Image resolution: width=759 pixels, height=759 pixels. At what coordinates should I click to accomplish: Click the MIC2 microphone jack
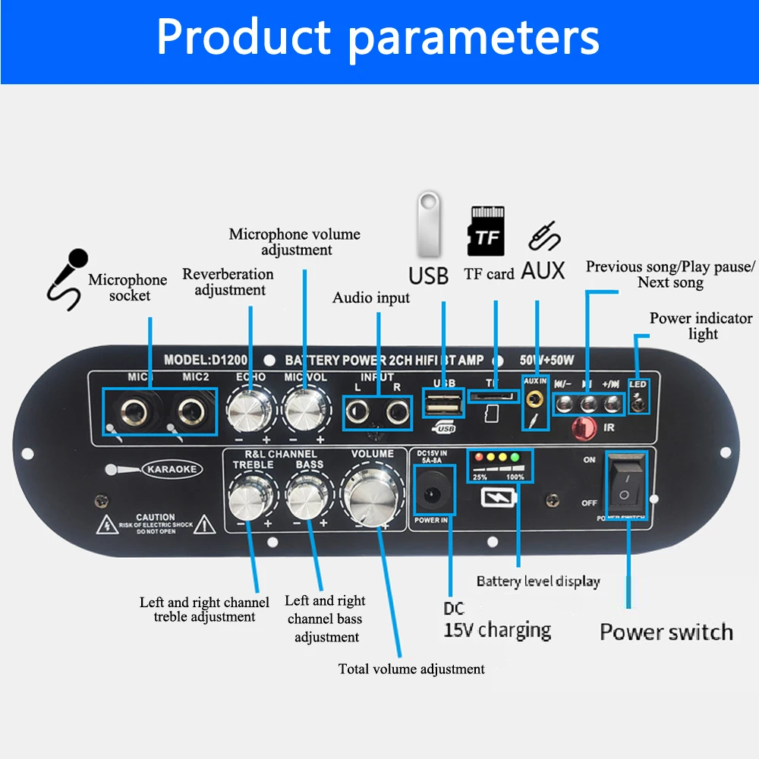[190, 412]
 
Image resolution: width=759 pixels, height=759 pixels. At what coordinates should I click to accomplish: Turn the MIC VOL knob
[305, 412]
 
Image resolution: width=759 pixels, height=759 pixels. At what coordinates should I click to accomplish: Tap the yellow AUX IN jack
[537, 397]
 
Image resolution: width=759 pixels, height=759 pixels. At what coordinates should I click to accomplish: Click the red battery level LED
[477, 458]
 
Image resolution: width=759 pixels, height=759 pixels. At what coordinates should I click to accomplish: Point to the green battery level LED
[515, 458]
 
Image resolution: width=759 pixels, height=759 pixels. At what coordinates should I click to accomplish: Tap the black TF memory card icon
[486, 231]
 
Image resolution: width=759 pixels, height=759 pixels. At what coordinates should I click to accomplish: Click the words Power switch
[666, 631]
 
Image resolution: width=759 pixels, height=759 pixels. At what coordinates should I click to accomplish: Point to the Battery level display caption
[538, 581]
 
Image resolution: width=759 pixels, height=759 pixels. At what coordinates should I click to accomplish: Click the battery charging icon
[499, 498]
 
